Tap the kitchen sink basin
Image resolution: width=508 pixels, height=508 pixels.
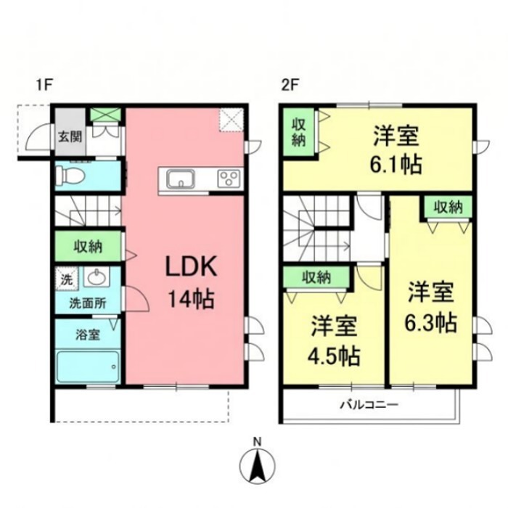click(x=181, y=179)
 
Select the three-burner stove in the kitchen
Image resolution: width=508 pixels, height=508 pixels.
click(x=230, y=179)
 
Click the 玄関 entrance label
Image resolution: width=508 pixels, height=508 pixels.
click(x=70, y=137)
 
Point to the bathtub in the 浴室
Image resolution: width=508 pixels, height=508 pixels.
click(x=88, y=366)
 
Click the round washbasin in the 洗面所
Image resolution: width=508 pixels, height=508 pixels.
click(x=97, y=278)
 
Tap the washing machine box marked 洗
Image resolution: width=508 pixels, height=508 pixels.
click(x=67, y=278)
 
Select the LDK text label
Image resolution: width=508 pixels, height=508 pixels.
click(x=190, y=266)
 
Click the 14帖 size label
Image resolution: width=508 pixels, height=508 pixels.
click(x=191, y=299)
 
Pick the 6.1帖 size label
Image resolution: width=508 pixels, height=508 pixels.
click(x=396, y=164)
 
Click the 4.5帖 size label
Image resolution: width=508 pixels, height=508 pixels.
click(x=334, y=356)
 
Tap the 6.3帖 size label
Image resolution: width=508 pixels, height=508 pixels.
click(x=431, y=322)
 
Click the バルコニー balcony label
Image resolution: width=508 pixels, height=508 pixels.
click(x=369, y=404)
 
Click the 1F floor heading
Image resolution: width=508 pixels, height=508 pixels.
click(x=44, y=86)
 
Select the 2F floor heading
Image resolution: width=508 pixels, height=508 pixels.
click(x=290, y=86)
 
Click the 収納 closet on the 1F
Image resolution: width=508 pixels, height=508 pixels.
click(x=88, y=246)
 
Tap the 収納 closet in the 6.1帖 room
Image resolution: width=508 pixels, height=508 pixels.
click(x=299, y=132)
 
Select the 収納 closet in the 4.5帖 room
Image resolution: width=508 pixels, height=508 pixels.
click(x=316, y=277)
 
